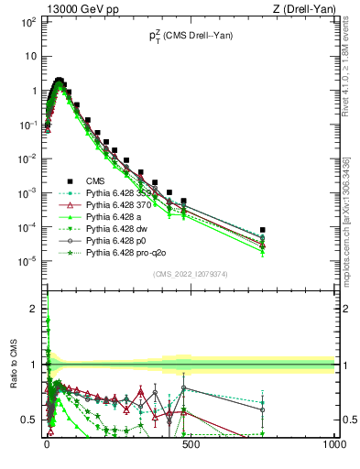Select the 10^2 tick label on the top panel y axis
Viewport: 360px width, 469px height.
pos(27,21)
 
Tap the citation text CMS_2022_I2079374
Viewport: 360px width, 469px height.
pos(190,273)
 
